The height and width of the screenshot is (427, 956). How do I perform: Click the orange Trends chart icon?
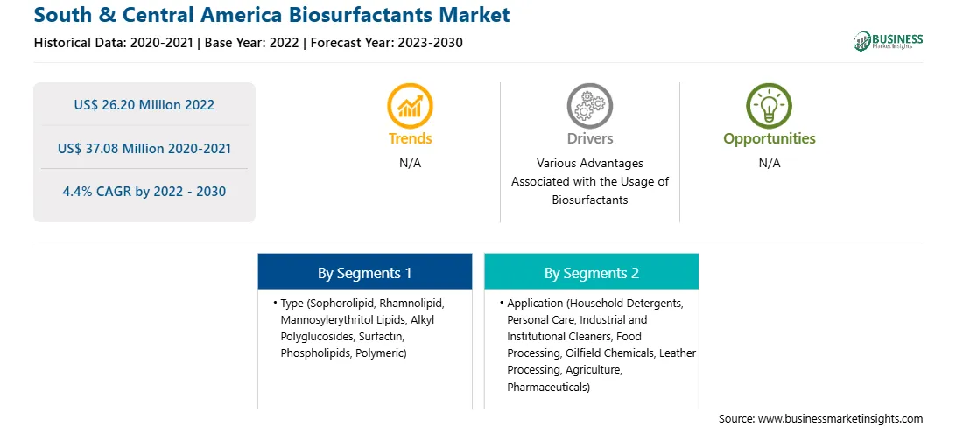[410, 105]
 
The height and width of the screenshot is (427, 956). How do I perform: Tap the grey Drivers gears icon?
[589, 105]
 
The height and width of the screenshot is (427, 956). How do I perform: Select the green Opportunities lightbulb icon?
[770, 105]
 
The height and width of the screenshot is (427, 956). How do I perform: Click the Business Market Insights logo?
[889, 41]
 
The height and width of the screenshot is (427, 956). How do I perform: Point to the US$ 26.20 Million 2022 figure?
[144, 105]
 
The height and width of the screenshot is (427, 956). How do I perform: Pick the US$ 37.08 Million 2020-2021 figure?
[144, 148]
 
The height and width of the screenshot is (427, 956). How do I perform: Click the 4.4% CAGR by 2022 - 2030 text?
[144, 192]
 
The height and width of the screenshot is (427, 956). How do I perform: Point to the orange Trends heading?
[411, 138]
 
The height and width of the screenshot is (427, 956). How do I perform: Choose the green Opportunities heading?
[770, 139]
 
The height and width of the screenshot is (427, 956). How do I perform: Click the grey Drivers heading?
[589, 138]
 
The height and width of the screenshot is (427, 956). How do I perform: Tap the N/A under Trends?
[411, 164]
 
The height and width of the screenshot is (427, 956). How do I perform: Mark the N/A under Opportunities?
[770, 164]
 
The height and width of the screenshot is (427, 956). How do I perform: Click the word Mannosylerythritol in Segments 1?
[320, 319]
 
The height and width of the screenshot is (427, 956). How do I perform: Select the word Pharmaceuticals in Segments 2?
[547, 387]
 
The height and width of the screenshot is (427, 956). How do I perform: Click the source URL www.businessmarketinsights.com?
[840, 418]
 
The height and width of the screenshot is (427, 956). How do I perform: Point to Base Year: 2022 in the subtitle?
[252, 43]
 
